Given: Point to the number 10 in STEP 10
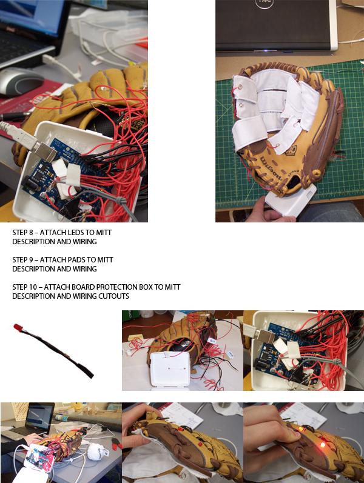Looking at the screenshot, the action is [33, 287].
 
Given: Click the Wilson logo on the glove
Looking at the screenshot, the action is [271, 168].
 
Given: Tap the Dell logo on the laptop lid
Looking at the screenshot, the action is [265, 4].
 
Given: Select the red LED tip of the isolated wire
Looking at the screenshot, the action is [18, 328].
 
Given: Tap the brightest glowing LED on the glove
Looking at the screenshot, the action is [323, 445].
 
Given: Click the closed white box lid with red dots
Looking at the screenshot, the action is [169, 370].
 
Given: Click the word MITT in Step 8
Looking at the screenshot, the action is [104, 233].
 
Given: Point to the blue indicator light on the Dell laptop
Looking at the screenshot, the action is [265, 51].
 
